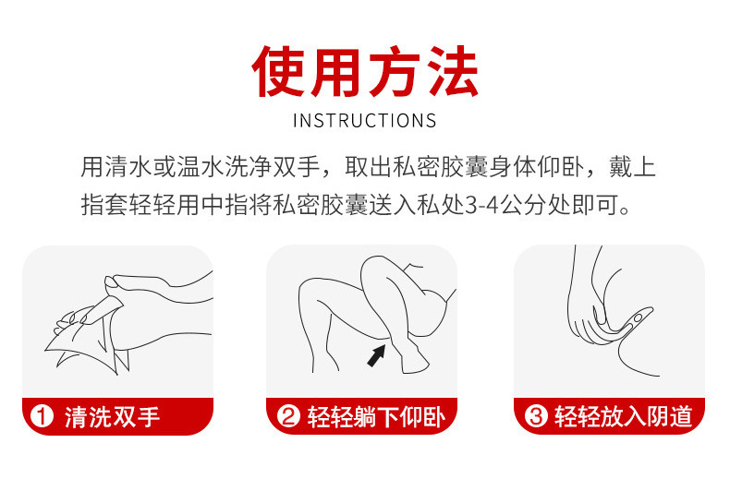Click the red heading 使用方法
pyautogui.click(x=365, y=71)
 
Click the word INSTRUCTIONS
pyautogui.click(x=365, y=121)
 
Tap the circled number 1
pyautogui.click(x=42, y=416)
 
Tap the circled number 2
pyautogui.click(x=288, y=416)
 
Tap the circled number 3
pyautogui.click(x=536, y=416)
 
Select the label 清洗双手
pyautogui.click(x=112, y=416)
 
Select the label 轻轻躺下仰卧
pyautogui.click(x=376, y=416)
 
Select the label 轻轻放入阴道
pyautogui.click(x=624, y=416)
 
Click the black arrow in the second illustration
pyautogui.click(x=376, y=355)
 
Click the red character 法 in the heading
pyautogui.click(x=453, y=71)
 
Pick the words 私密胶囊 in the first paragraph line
pyautogui.click(x=440, y=167)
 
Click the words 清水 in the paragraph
pyautogui.click(x=128, y=167)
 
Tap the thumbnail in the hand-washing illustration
pyautogui.click(x=111, y=281)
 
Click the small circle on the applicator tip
pyautogui.click(x=639, y=317)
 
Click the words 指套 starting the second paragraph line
pyautogui.click(x=104, y=205)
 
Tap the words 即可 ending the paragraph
pyautogui.click(x=595, y=205)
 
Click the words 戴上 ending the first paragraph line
pyautogui.click(x=632, y=167)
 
